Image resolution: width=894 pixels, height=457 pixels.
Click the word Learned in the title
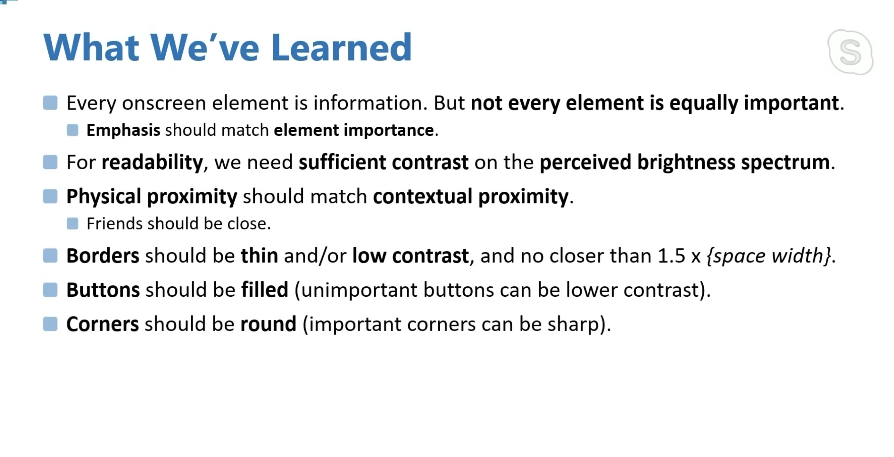pyautogui.click(x=342, y=47)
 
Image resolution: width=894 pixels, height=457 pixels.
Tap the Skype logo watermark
pyautogui.click(x=851, y=52)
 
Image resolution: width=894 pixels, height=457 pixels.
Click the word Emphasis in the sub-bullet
pyautogui.click(x=123, y=130)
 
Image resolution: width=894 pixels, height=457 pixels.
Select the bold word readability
pyautogui.click(x=152, y=162)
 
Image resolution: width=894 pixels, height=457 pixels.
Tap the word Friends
pyautogui.click(x=114, y=223)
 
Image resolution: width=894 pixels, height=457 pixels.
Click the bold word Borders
pyautogui.click(x=103, y=256)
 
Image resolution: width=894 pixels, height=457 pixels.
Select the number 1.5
pyautogui.click(x=671, y=256)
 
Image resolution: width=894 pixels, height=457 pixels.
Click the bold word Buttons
pyautogui.click(x=103, y=290)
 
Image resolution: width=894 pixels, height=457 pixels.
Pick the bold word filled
pyautogui.click(x=264, y=290)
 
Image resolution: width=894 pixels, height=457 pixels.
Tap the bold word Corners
pyautogui.click(x=103, y=324)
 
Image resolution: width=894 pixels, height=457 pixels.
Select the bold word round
pyautogui.click(x=268, y=324)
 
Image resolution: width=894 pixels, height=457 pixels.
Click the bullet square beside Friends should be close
pyautogui.click(x=72, y=224)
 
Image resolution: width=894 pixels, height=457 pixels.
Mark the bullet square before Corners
pyautogui.click(x=50, y=324)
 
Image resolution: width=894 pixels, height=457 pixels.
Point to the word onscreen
pyautogui.click(x=164, y=103)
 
